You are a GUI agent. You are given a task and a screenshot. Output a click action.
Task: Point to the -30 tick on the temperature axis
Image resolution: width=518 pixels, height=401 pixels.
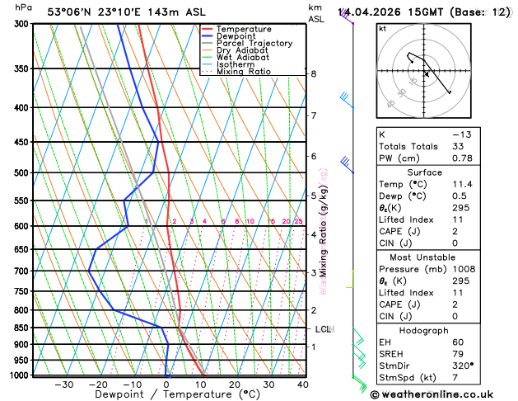point(63,384)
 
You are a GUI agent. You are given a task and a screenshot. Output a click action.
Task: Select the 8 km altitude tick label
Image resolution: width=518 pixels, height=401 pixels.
point(313,74)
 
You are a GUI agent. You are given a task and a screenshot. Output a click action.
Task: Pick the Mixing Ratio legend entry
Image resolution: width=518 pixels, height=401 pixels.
point(244,72)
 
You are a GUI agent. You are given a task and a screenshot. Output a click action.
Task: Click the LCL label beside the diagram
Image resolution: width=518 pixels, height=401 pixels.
point(324,329)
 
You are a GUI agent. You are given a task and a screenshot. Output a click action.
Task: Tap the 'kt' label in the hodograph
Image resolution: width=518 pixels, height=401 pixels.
point(382,28)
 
